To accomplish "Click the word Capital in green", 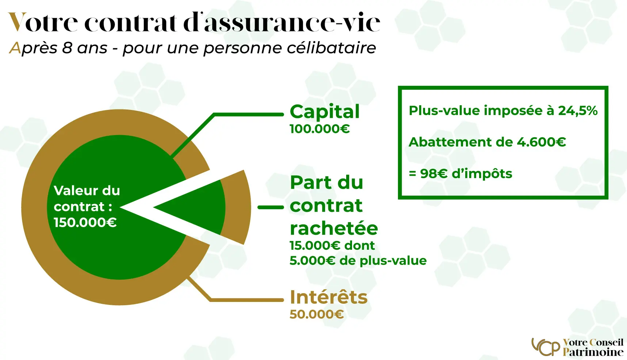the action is click(x=325, y=112).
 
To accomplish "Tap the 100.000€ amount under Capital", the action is click(x=320, y=129).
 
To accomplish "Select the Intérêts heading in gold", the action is click(x=329, y=297).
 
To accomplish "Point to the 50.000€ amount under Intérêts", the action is click(x=317, y=314).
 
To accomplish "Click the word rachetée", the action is click(x=334, y=229).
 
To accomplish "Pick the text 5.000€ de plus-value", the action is click(x=358, y=261).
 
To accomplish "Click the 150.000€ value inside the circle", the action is click(x=85, y=222).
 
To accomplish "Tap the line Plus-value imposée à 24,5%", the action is click(x=503, y=111).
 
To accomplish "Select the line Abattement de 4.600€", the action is click(x=488, y=142).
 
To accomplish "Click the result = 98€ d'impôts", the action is click(x=460, y=173).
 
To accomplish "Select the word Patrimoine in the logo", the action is click(x=593, y=352).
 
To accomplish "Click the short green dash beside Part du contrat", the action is click(x=271, y=207).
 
